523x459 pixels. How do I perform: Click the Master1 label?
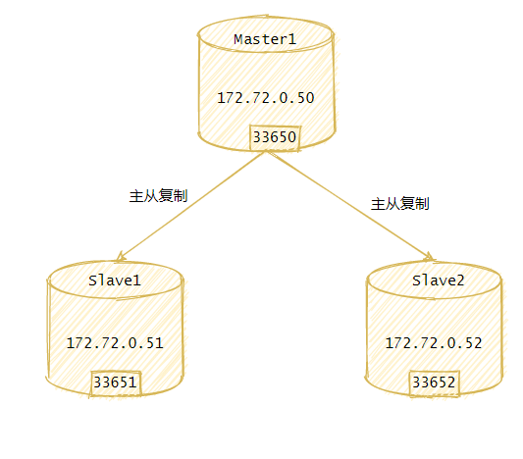click(265, 39)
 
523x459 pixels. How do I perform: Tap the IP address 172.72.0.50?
click(266, 98)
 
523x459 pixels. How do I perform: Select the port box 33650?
click(275, 137)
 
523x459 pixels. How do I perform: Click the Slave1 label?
click(115, 280)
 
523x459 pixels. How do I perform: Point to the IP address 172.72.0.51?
click(115, 343)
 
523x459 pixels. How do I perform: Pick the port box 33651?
click(116, 383)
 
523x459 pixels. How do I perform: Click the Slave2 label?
click(438, 280)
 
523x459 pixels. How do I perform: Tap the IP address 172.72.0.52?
click(434, 343)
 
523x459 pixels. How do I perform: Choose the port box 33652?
click(434, 383)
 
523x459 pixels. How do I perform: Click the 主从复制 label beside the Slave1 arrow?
click(158, 196)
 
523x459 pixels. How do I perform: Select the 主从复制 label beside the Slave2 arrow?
click(400, 204)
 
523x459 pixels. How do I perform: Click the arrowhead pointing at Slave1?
click(120, 257)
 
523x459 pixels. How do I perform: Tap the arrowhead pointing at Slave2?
click(429, 257)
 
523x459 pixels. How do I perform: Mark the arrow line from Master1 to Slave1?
click(191, 205)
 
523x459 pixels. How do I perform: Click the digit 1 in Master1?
click(292, 39)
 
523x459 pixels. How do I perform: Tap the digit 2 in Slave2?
click(460, 280)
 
